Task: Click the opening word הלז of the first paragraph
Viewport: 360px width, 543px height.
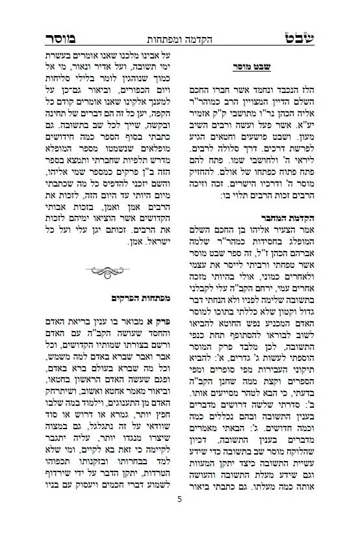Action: (303, 88)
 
